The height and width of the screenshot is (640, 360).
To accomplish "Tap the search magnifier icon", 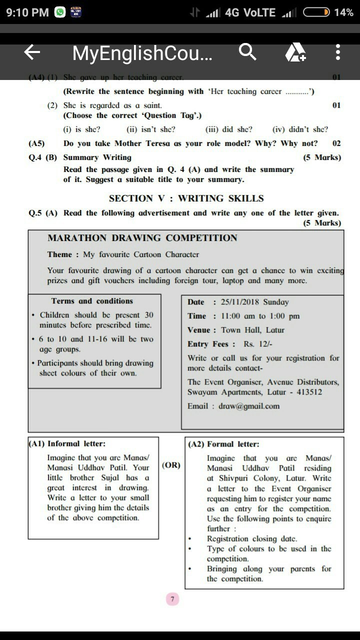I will pyautogui.click(x=247, y=51).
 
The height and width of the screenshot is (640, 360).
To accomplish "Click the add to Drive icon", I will pyautogui.click(x=295, y=52).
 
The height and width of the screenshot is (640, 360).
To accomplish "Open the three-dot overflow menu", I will pyautogui.click(x=338, y=52).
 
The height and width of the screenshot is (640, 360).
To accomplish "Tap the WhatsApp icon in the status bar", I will pyautogui.click(x=60, y=12).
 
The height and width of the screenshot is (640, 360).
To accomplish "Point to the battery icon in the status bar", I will pyautogui.click(x=316, y=12).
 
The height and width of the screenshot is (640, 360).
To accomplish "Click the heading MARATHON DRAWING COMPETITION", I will pyautogui.click(x=142, y=238).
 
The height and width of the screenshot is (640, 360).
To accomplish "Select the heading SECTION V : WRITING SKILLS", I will pyautogui.click(x=186, y=198).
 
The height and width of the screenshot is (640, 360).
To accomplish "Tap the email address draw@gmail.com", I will pyautogui.click(x=249, y=406).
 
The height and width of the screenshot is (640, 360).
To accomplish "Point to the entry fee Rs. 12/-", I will pyautogui.click(x=258, y=344).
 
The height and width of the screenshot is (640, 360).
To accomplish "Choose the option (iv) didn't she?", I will pyautogui.click(x=300, y=129).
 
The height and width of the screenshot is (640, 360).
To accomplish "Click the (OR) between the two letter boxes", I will pyautogui.click(x=171, y=465).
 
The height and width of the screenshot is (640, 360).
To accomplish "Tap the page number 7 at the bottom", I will pyautogui.click(x=172, y=599).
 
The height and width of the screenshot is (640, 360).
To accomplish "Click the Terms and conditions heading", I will pyautogui.click(x=92, y=301).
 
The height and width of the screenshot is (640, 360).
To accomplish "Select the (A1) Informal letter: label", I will pyautogui.click(x=67, y=443).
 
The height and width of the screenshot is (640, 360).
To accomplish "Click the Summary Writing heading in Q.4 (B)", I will pyautogui.click(x=97, y=157).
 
